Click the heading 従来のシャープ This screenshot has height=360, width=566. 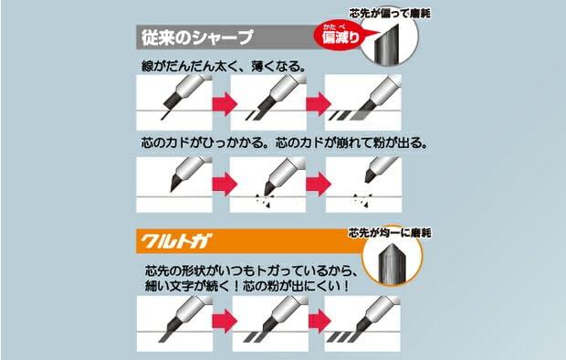point(197,37)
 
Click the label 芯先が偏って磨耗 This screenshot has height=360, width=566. point(390,14)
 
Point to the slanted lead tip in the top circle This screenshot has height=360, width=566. point(386,45)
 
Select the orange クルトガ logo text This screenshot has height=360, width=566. point(176,241)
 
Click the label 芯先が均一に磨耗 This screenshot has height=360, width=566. point(390,233)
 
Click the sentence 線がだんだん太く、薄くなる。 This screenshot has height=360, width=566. point(224,67)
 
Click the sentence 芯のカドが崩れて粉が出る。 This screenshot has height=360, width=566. point(351,143)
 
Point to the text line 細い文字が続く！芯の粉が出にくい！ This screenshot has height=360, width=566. point(247,286)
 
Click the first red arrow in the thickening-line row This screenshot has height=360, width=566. point(225,104)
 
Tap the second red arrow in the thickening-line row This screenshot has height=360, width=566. point(319,104)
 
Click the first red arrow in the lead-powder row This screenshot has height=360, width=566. point(225,184)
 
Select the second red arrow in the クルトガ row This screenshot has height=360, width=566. point(320,321)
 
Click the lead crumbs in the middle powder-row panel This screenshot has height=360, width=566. point(265,201)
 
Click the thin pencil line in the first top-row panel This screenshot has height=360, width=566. point(164,115)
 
